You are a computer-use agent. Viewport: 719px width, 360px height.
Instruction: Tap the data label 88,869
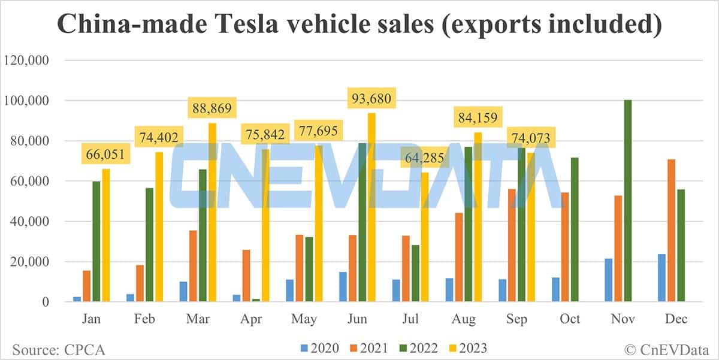pyautogui.click(x=212, y=109)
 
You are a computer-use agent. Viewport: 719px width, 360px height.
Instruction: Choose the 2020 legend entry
pyautogui.click(x=320, y=348)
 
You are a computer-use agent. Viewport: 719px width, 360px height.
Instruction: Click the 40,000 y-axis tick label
pyautogui.click(x=29, y=222)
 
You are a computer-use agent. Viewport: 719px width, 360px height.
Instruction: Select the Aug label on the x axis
pyautogui.click(x=464, y=319)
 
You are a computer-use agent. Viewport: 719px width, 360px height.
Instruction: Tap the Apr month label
pyautogui.click(x=251, y=319)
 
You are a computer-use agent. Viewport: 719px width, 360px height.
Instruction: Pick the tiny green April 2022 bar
pyautogui.click(x=256, y=300)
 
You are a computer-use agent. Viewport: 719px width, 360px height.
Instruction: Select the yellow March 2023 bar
pyautogui.click(x=212, y=212)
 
